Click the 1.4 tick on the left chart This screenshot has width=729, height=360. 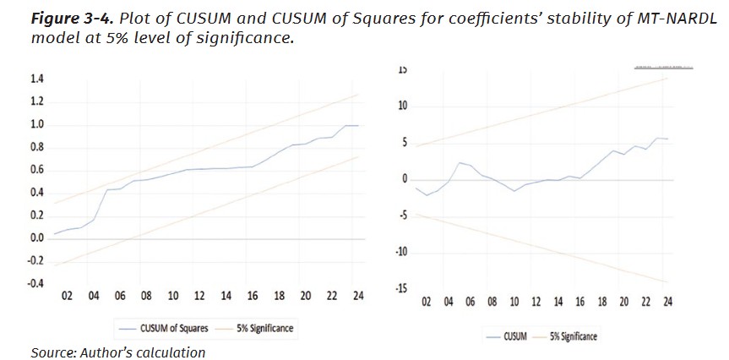pos(37,79)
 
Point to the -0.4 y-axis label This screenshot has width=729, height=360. pos(35,283)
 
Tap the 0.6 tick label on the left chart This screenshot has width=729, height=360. pos(37,170)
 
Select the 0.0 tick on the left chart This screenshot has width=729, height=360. pos(37,238)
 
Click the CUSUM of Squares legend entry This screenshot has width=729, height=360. pos(169,328)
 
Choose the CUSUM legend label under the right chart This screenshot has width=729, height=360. pos(514,336)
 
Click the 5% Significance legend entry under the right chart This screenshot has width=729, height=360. pos(574,336)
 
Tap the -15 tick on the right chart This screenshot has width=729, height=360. pos(401,289)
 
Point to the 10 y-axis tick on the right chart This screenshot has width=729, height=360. pos(403,106)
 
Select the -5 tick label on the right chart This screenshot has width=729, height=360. pos(403,215)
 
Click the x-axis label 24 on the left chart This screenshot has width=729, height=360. pos(358,296)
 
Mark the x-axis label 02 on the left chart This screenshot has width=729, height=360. pos(67,296)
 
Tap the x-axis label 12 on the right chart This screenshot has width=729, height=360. pos(536,302)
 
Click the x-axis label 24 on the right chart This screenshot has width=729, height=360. pos(667,302)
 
